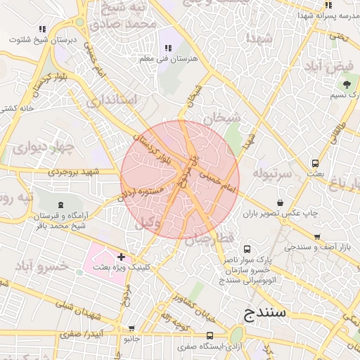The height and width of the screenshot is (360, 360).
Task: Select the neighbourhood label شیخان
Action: click(222, 117)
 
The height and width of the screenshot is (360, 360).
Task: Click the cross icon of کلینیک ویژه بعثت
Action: click(122, 257)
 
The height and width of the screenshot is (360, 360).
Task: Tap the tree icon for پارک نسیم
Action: click(347, 85)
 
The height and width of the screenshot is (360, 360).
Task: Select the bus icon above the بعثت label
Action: click(315, 163)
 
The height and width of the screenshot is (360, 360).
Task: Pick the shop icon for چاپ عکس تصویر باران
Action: click(281, 203)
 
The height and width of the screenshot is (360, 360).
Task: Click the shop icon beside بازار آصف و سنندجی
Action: click(317, 237)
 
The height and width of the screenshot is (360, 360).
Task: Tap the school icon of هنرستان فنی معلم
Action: click(167, 48)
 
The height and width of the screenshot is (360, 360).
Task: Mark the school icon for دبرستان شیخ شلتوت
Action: click(42, 30)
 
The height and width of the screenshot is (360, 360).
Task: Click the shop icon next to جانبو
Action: click(131, 328)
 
